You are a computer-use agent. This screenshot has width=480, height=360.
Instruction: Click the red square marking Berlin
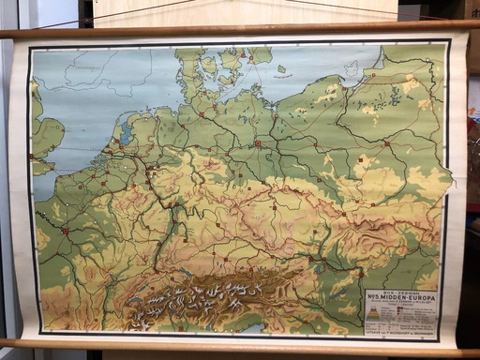click(x=257, y=144)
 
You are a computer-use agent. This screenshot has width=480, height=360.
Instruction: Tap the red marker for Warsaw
click(x=387, y=144)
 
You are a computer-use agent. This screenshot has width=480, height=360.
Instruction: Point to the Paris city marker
click(x=65, y=230)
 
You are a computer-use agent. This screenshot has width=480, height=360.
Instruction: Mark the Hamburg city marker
click(x=201, y=114)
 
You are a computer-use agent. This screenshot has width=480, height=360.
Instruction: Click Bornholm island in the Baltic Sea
click(x=281, y=68)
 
